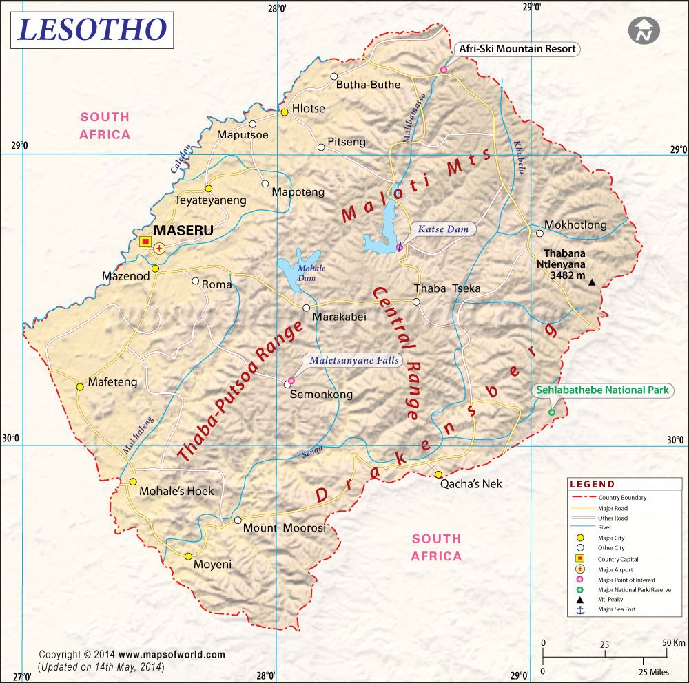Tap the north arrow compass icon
(644, 30)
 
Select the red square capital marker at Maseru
(145, 241)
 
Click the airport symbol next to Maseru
(159, 248)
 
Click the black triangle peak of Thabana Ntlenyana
(592, 282)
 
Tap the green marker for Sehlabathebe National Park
(551, 412)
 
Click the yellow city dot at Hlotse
(284, 112)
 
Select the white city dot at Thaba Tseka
(416, 302)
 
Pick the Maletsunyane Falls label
(354, 360)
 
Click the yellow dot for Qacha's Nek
(438, 474)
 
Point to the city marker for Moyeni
(188, 556)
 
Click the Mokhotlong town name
(575, 225)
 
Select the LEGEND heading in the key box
(592, 484)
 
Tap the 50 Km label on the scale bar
(674, 643)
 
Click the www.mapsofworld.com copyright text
(172, 655)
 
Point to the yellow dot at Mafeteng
(80, 387)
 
